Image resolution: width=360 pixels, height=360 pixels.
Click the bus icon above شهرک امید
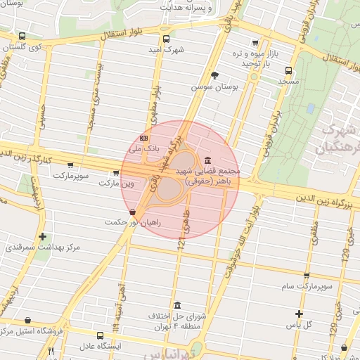click(x=166, y=39)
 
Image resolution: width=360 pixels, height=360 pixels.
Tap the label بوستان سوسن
click(x=214, y=87)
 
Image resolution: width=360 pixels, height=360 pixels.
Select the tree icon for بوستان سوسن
click(x=214, y=75)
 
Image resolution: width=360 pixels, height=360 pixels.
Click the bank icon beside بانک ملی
click(x=144, y=138)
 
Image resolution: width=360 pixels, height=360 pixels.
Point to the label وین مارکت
click(x=116, y=183)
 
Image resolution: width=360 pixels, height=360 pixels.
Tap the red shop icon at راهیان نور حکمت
click(x=132, y=212)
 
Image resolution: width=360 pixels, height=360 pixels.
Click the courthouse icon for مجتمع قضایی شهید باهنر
click(x=206, y=160)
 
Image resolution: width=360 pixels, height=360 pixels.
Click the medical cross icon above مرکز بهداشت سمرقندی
click(x=43, y=236)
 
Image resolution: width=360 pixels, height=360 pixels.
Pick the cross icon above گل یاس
click(x=300, y=314)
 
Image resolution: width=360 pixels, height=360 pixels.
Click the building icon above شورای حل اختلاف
click(x=177, y=306)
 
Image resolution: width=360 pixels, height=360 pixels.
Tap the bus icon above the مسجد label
click(x=288, y=70)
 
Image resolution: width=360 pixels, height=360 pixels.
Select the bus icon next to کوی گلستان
click(x=22, y=37)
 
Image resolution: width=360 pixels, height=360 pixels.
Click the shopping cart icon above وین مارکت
click(x=115, y=172)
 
